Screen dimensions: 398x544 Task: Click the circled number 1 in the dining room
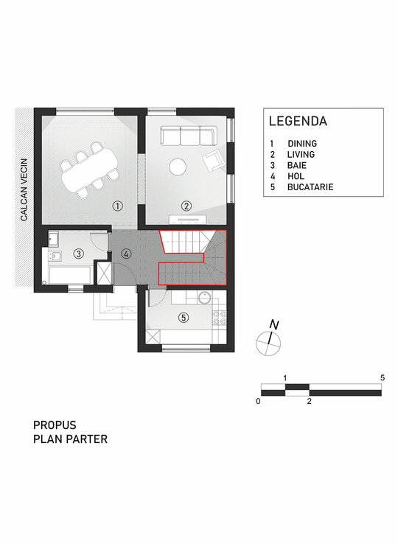pos(118,206)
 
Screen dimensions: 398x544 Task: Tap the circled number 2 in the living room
pos(186,206)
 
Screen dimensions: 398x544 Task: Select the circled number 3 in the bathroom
pos(79,254)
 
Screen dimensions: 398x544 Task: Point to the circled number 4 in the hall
pos(126,254)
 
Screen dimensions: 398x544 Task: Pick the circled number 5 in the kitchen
pos(184,317)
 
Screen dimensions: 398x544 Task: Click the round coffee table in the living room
pos(178,167)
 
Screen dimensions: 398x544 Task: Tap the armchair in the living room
pos(213,161)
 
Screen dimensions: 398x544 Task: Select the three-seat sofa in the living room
pos(189,136)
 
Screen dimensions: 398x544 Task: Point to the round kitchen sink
pos(205,297)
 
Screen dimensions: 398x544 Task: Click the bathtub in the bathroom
pos(70,275)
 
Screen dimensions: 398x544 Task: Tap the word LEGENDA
pos(298,121)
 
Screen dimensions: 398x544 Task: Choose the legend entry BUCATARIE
pos(310,187)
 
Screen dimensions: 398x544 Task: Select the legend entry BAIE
pos(297,165)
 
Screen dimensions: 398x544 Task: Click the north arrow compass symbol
pos(269,339)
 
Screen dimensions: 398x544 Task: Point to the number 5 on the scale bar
pos(383,378)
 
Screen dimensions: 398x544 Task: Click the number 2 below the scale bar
pos(309,402)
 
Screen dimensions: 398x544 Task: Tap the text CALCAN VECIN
pos(24,189)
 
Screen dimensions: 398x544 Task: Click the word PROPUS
pos(55,425)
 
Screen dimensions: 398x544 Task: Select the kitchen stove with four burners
pos(220,318)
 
